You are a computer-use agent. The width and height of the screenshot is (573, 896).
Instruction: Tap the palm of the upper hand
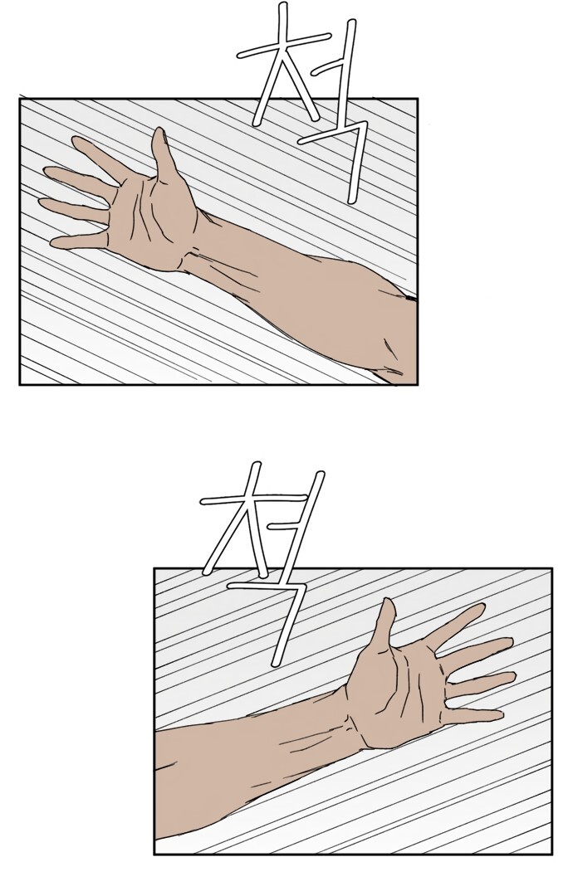pyautogui.click(x=151, y=220)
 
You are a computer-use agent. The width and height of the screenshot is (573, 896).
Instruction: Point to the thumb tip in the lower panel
pyautogui.click(x=389, y=604)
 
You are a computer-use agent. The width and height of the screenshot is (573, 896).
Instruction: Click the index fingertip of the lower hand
pyautogui.click(x=479, y=609)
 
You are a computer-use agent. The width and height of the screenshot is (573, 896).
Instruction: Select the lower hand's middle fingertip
pyautogui.click(x=507, y=644)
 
